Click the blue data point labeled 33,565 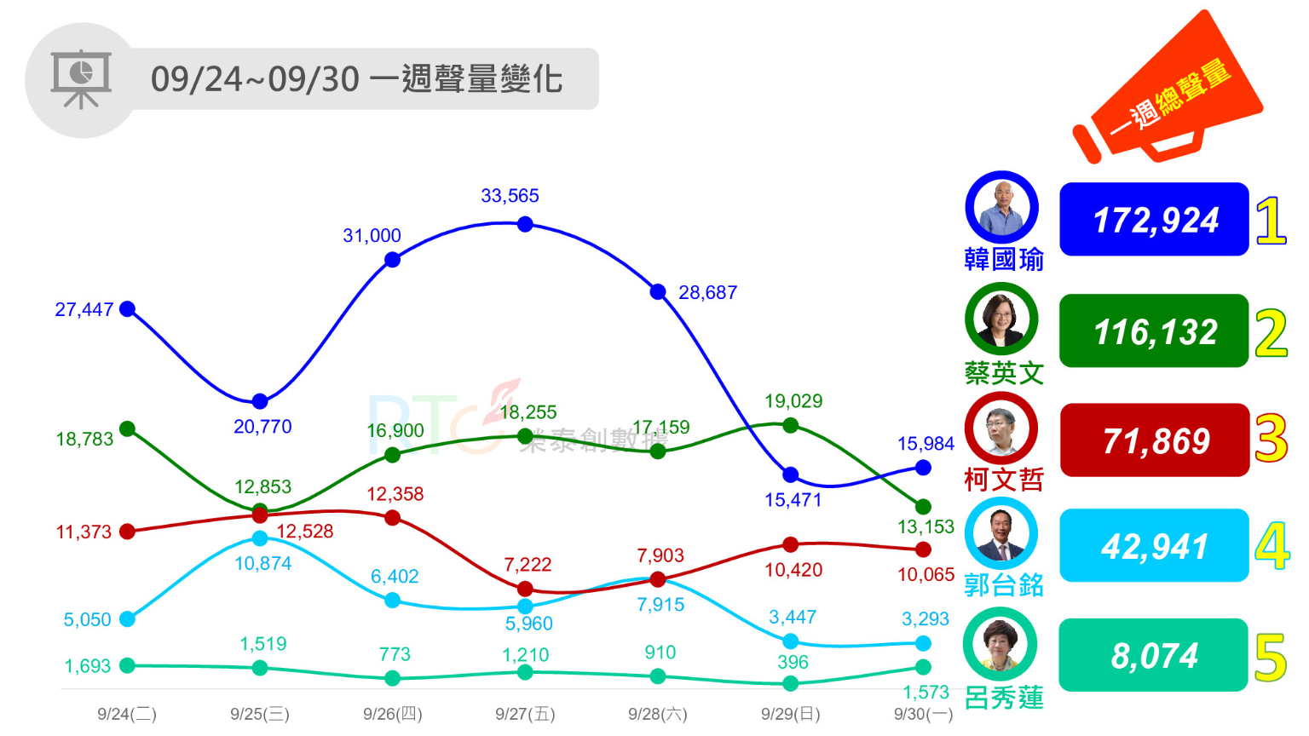coord(525,224)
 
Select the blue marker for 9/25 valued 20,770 coord(260,401)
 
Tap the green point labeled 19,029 coord(790,425)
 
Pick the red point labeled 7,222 coord(525,589)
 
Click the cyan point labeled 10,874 coord(260,538)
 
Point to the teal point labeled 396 coord(790,683)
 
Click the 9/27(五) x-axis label coord(525,714)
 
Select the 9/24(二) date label coord(127,714)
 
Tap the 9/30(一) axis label coord(923,714)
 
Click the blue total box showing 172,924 coord(1154,220)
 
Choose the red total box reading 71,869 coord(1154,440)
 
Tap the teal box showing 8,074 coord(1154,656)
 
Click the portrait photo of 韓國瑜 coord(1001,208)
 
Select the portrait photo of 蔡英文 coord(1001,319)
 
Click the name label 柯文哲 coord(1003,480)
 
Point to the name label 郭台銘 coord(1003,585)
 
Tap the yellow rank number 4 coord(1272,547)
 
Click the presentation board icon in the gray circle coord(81,79)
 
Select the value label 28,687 coord(707,293)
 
